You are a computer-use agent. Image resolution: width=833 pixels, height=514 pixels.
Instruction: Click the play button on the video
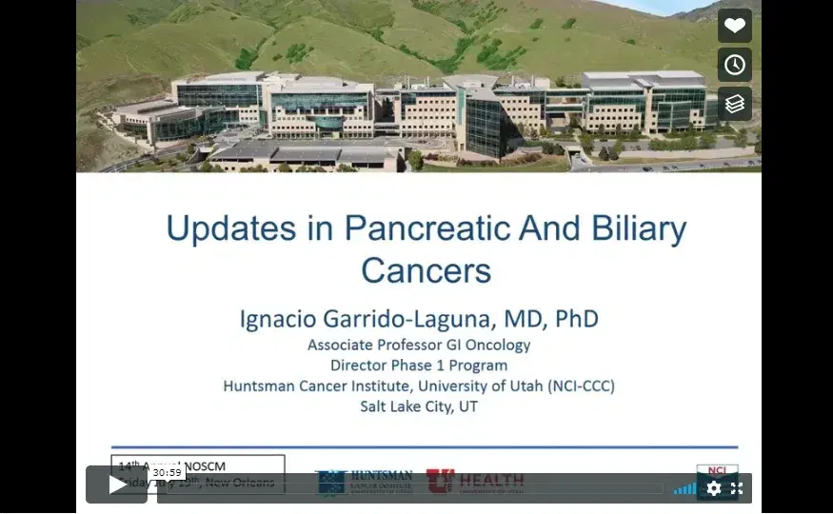coord(116,484)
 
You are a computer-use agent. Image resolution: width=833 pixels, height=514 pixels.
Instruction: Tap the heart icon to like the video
coord(734,27)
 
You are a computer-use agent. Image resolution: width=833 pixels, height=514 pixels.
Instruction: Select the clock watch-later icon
coord(734,65)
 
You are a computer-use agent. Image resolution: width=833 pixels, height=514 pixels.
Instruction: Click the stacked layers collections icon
coord(734,104)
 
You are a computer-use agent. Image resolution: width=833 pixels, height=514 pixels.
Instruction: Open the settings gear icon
coord(714,488)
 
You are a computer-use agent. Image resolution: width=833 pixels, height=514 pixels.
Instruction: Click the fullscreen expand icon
coord(737,488)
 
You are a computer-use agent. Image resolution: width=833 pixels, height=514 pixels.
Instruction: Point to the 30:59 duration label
coord(167,472)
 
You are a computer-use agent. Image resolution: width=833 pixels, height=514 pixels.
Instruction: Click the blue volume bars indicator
coord(684,488)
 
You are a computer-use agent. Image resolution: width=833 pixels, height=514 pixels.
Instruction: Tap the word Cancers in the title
coord(426,270)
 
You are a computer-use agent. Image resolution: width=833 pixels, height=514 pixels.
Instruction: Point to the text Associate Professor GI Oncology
coord(419,345)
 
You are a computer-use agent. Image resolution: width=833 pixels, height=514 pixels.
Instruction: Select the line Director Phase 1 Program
coord(419,365)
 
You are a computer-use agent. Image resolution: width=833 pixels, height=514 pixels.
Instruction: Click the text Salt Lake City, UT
coord(419,406)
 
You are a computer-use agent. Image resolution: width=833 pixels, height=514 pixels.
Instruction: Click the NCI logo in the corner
coord(717,470)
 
